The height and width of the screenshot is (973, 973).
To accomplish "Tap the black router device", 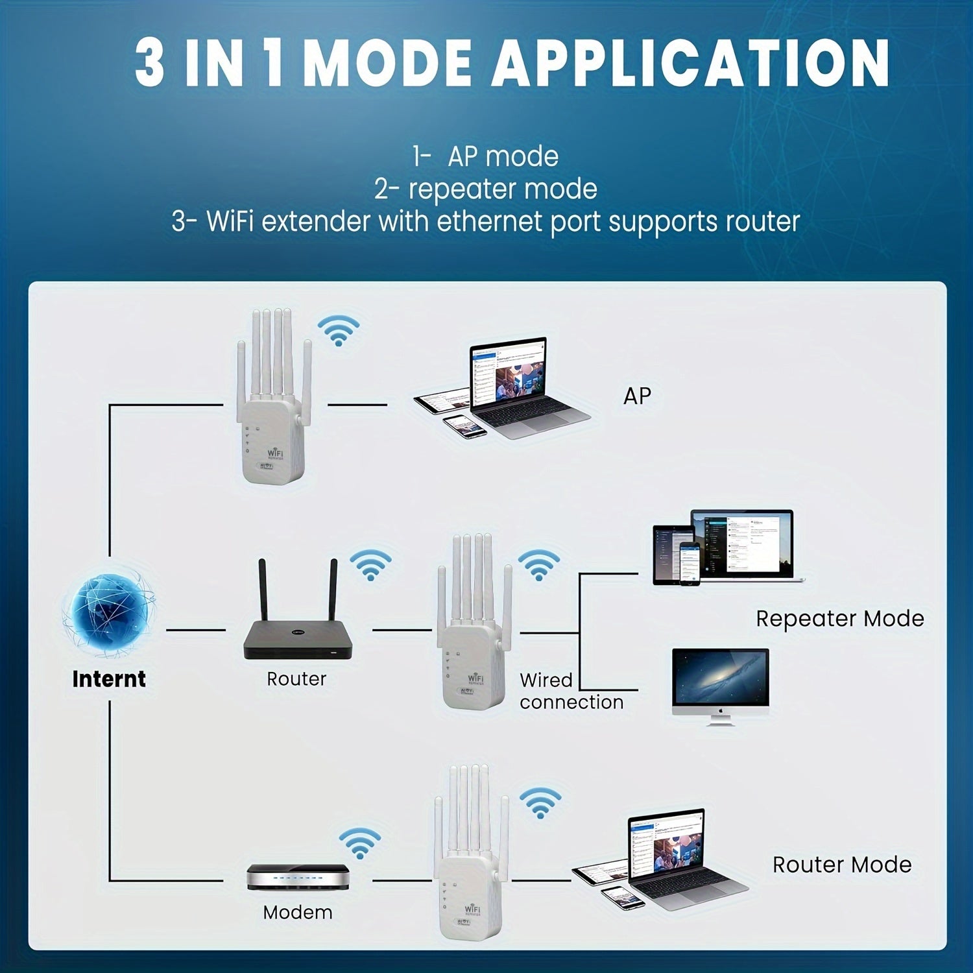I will (298, 639).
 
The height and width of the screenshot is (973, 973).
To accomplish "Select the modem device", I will (298, 877).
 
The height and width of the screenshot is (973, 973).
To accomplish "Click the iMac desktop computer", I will (721, 684).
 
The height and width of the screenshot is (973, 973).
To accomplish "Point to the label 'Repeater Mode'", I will (839, 618).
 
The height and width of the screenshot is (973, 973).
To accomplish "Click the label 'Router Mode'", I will (841, 865).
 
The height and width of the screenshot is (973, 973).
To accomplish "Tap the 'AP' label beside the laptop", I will (637, 396).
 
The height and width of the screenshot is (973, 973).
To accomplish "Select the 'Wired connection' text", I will (571, 691).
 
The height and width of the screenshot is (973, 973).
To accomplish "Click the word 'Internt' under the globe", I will (109, 679).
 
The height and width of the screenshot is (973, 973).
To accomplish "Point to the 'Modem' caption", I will (298, 913).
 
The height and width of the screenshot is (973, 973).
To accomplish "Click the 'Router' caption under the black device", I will (296, 679).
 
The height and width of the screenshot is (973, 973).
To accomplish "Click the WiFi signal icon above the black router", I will (370, 565).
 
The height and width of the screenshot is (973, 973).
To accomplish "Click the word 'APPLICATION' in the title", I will (690, 63).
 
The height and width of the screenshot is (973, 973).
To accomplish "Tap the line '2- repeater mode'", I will (486, 189).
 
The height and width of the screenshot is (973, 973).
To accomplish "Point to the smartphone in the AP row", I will (465, 426).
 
